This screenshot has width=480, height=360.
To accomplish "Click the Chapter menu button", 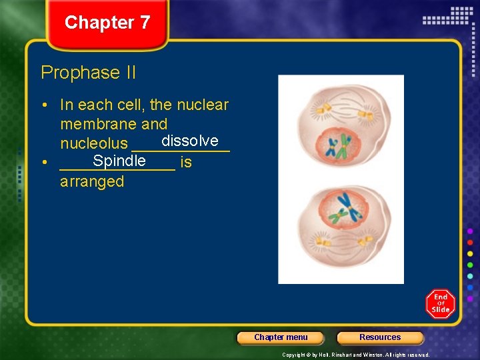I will (281, 337).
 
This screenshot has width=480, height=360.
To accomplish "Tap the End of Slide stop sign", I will (440, 303).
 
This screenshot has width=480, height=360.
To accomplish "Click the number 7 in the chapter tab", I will (144, 23).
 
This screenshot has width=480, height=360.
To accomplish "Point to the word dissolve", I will (189, 141).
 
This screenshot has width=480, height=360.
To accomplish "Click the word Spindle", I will (119, 161).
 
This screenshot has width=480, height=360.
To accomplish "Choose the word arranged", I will (92, 181).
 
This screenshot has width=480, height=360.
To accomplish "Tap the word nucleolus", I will (93, 143).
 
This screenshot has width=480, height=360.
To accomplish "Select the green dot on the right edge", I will (471, 264).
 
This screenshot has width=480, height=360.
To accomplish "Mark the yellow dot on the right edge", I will (471, 253).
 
